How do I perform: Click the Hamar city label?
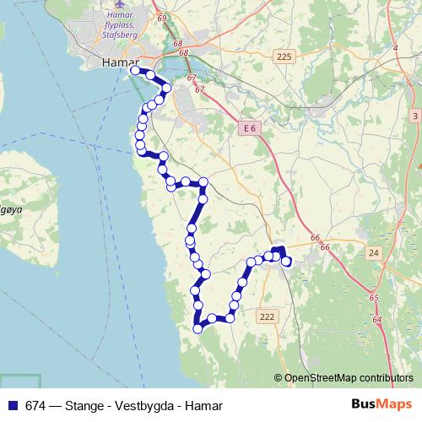(118, 62)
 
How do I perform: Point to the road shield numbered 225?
(284, 57)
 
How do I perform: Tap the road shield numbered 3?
(414, 115)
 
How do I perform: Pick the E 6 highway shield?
(246, 127)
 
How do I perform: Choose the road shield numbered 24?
(373, 252)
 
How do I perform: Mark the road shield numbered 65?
(373, 298)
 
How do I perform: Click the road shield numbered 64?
(376, 321)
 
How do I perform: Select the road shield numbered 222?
(268, 316)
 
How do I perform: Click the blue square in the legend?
(11, 405)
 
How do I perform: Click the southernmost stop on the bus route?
(198, 328)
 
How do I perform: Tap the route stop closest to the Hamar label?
(135, 71)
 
